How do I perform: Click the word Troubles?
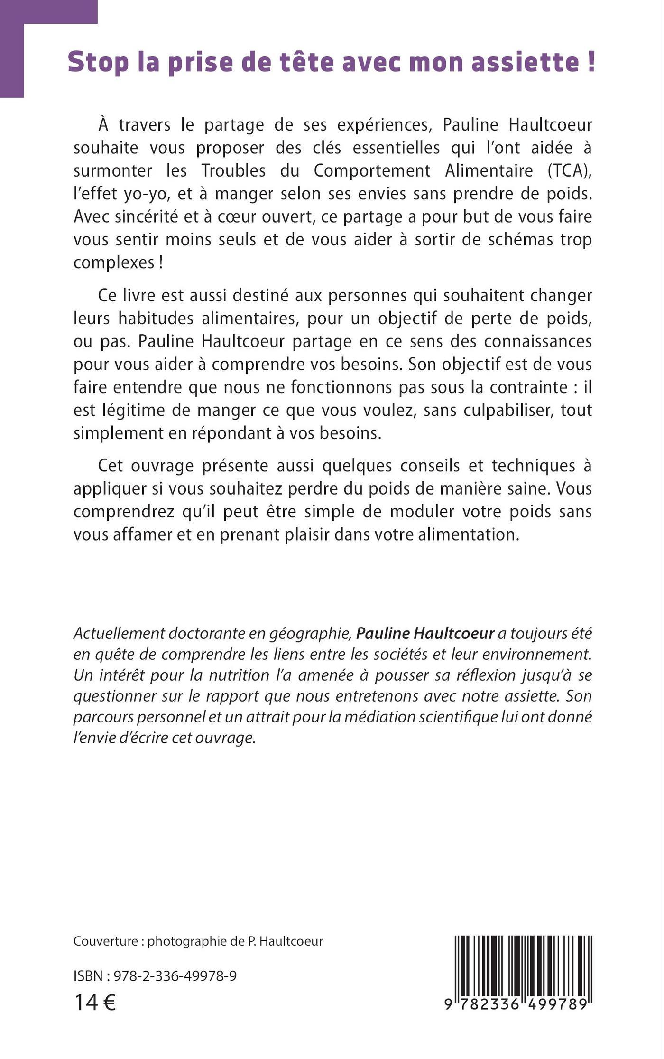(x=233, y=170)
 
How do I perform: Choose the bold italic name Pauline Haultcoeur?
(x=425, y=633)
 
